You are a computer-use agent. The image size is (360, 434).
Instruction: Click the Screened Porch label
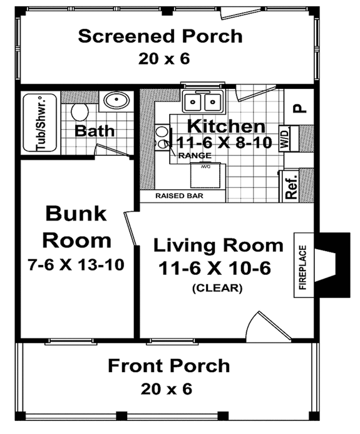(160, 36)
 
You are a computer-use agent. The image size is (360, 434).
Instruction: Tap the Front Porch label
(168, 365)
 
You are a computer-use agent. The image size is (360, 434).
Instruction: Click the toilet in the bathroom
(80, 112)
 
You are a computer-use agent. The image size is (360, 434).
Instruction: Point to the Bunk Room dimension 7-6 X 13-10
(78, 264)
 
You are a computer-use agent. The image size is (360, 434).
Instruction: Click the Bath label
(95, 131)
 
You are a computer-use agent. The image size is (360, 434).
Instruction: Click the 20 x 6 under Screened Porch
(160, 59)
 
